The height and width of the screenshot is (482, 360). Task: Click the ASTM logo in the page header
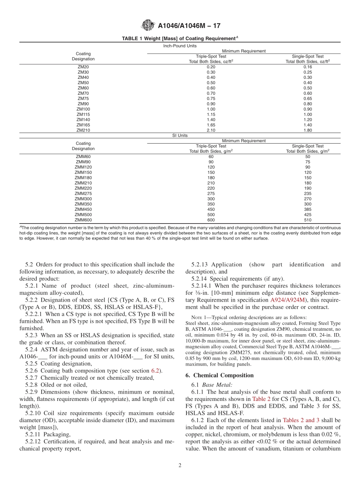[148, 25]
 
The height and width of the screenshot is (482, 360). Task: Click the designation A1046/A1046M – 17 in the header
[189, 26]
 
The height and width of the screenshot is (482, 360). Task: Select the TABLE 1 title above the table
[180, 38]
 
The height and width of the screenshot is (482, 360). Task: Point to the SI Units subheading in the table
[180, 135]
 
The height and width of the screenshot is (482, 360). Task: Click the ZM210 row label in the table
[83, 130]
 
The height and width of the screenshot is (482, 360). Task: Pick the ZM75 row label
[83, 99]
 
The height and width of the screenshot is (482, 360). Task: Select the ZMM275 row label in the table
[83, 193]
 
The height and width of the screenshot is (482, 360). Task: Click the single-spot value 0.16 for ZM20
[307, 67]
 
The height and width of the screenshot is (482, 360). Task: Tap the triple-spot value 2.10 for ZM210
[211, 130]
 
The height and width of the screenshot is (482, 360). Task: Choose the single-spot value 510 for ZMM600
[307, 220]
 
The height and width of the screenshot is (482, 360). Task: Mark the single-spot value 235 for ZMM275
[307, 193]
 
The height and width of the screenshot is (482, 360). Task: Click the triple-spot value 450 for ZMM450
[211, 209]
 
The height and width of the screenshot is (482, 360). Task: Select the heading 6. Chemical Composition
[219, 376]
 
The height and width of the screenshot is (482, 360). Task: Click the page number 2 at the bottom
[180, 466]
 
